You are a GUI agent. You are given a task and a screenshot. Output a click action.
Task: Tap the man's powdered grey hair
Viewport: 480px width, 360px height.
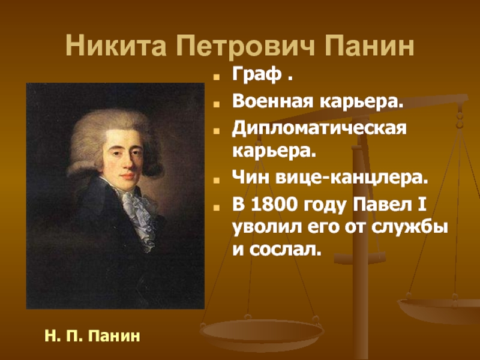point(114,120)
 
